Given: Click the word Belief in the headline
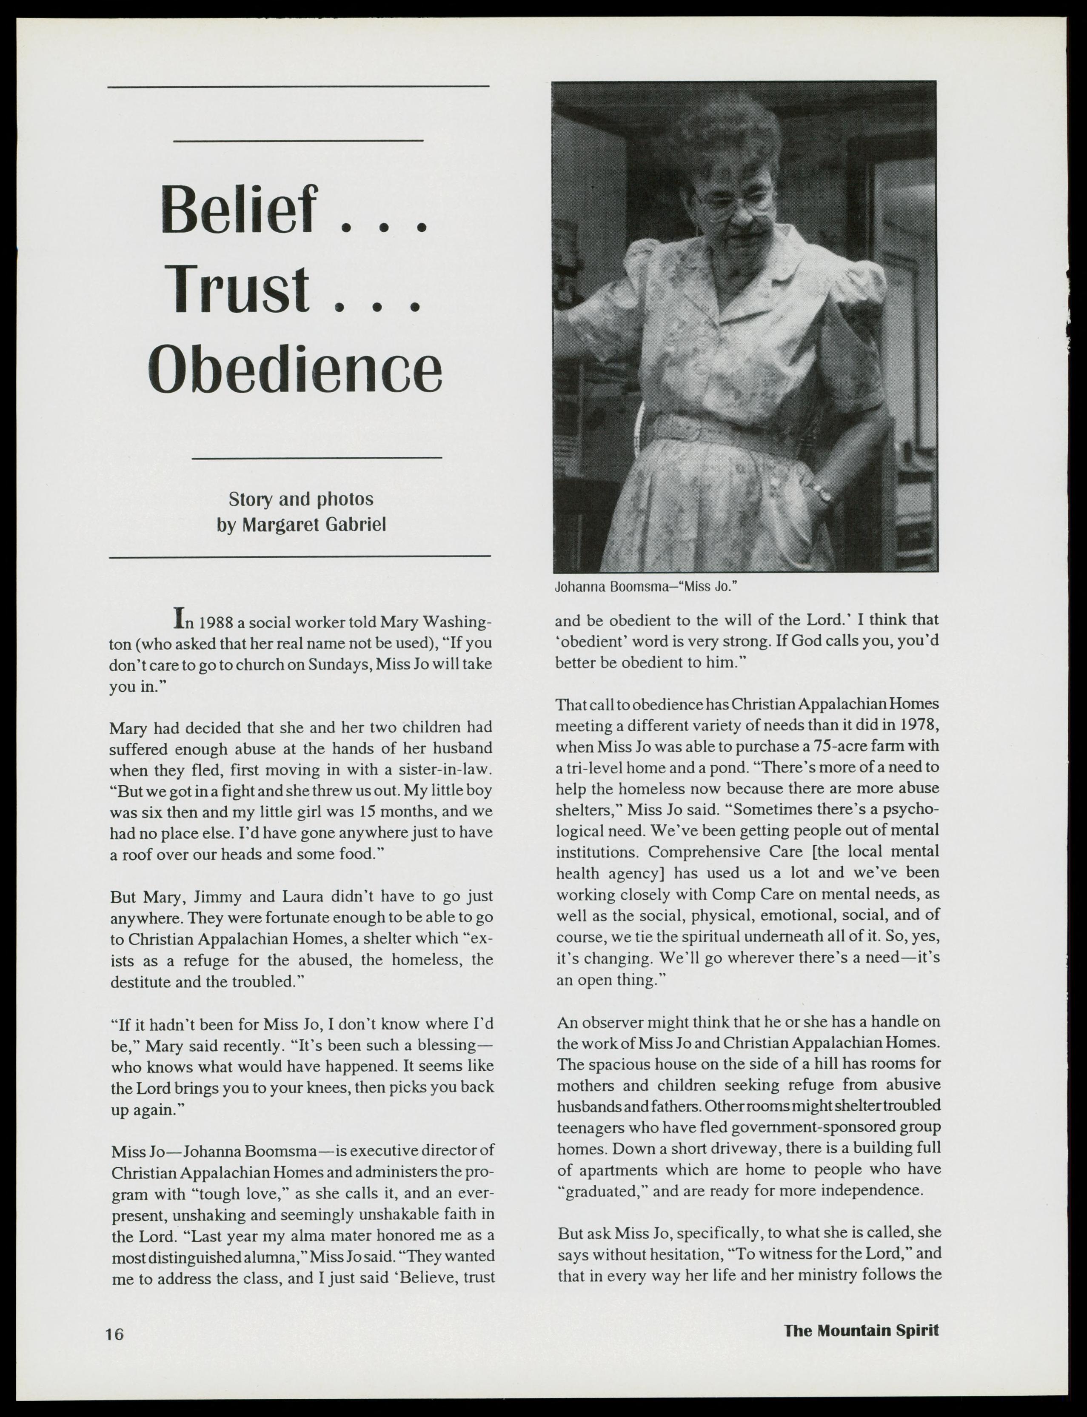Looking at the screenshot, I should (x=240, y=211).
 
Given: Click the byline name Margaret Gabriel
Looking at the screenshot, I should (x=314, y=525).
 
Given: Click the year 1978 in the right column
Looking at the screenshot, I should (x=918, y=725).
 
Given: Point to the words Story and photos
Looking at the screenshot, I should (x=301, y=499).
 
